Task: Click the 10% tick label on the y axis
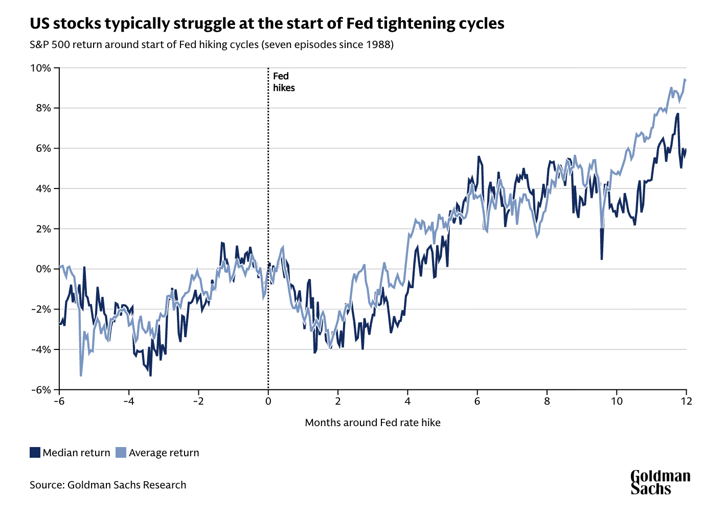[x=40, y=68]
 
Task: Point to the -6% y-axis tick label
[x=41, y=390]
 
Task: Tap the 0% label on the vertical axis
[x=43, y=269]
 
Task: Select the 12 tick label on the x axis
[x=687, y=402]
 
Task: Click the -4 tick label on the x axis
[x=129, y=402]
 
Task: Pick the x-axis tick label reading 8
[x=547, y=402]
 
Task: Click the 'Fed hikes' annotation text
[x=284, y=82]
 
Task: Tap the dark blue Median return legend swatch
[x=35, y=453]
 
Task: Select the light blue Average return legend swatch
[x=121, y=453]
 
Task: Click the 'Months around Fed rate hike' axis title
[x=373, y=423]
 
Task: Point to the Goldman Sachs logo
[x=661, y=483]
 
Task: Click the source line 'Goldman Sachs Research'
[x=127, y=485]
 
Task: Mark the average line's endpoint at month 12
[x=685, y=80]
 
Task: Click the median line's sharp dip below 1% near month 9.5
[x=601, y=259]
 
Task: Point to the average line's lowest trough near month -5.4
[x=81, y=376]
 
